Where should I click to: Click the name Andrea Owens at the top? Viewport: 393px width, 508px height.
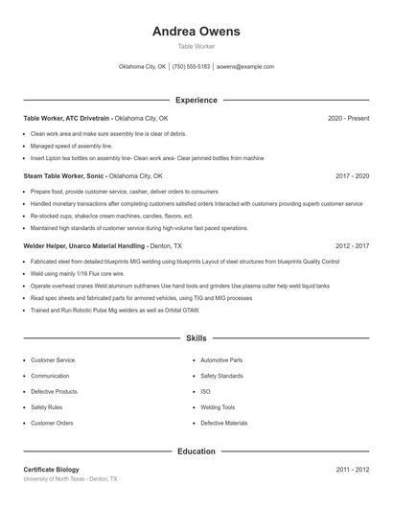tap(196, 31)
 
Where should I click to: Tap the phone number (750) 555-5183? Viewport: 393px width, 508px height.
tap(191, 67)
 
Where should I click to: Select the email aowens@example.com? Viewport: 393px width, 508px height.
tap(245, 67)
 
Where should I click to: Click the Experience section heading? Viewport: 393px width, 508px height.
tap(196, 100)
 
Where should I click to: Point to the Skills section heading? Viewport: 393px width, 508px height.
tap(196, 338)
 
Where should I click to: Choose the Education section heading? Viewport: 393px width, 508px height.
tap(196, 450)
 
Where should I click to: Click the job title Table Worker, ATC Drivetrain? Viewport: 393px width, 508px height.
tap(69, 118)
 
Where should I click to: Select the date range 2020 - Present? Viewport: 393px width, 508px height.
tap(348, 118)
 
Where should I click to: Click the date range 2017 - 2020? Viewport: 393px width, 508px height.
tap(353, 176)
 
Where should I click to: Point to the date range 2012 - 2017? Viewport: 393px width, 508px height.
tap(353, 245)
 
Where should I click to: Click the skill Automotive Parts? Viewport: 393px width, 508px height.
tap(221, 360)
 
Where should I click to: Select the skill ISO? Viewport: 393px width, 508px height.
tap(205, 391)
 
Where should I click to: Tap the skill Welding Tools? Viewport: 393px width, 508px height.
tap(218, 406)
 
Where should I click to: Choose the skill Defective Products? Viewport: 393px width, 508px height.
tap(54, 391)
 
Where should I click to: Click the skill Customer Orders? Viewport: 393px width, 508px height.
tap(52, 423)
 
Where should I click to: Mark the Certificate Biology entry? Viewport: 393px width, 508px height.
tap(52, 470)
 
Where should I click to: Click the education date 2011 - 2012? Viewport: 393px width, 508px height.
tap(353, 470)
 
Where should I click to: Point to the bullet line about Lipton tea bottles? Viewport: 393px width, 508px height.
tap(147, 158)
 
